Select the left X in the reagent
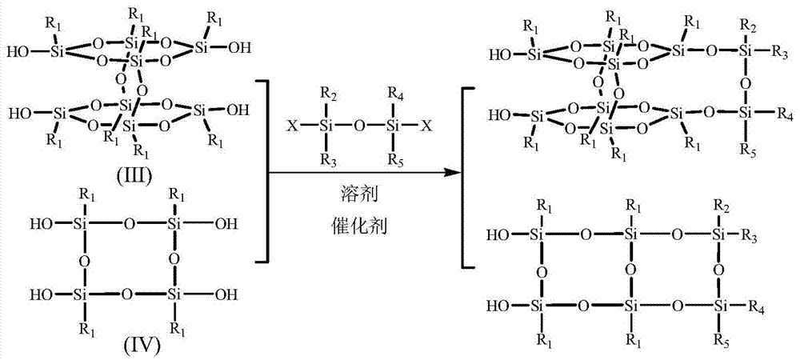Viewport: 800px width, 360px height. [x=292, y=126]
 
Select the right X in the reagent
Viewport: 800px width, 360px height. [x=426, y=126]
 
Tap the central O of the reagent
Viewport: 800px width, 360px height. [x=359, y=126]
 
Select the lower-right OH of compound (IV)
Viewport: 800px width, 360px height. [x=225, y=294]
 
